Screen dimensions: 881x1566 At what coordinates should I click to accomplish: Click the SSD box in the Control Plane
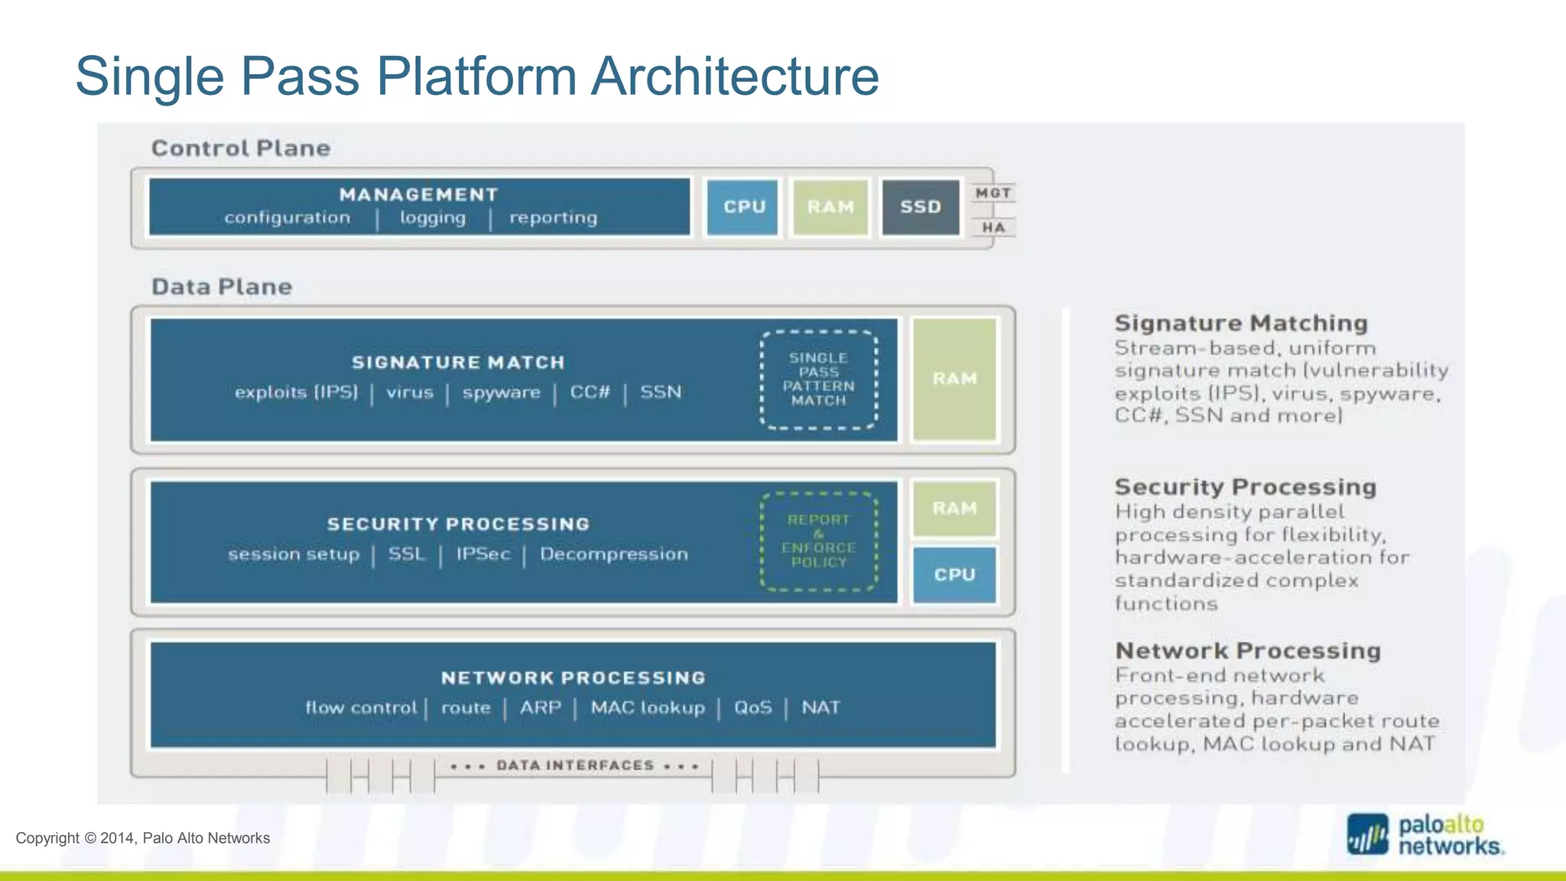coord(920,207)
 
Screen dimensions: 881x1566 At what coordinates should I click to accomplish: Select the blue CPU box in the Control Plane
coord(743,207)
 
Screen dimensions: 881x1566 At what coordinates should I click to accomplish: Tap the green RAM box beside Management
coord(830,207)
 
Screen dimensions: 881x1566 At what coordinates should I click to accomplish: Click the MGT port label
coord(993,193)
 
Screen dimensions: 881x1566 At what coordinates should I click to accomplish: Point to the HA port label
coord(993,227)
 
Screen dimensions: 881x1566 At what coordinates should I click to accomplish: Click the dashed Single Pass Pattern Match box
coord(818,379)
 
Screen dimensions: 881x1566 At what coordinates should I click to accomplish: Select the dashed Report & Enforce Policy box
coord(818,541)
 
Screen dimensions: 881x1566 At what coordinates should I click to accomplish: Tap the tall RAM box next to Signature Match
coord(954,379)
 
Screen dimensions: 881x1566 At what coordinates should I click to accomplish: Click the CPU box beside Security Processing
coord(954,574)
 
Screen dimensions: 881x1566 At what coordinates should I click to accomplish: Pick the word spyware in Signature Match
coord(501,393)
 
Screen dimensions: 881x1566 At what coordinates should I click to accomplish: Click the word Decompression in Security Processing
coord(613,554)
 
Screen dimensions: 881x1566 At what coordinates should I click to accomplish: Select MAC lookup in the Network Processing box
coord(647,708)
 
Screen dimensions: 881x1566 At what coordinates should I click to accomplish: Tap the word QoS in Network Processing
coord(752,708)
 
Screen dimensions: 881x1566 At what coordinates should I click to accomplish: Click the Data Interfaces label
coord(575,766)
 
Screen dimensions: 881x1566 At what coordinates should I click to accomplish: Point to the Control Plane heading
coord(241,148)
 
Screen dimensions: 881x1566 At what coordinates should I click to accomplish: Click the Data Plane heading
coord(222,287)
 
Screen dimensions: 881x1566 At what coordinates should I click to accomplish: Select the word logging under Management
coord(433,218)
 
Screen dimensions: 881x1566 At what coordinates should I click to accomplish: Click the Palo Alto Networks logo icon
coord(1368,835)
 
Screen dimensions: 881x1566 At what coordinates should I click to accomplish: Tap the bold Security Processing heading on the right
coord(1245,487)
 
